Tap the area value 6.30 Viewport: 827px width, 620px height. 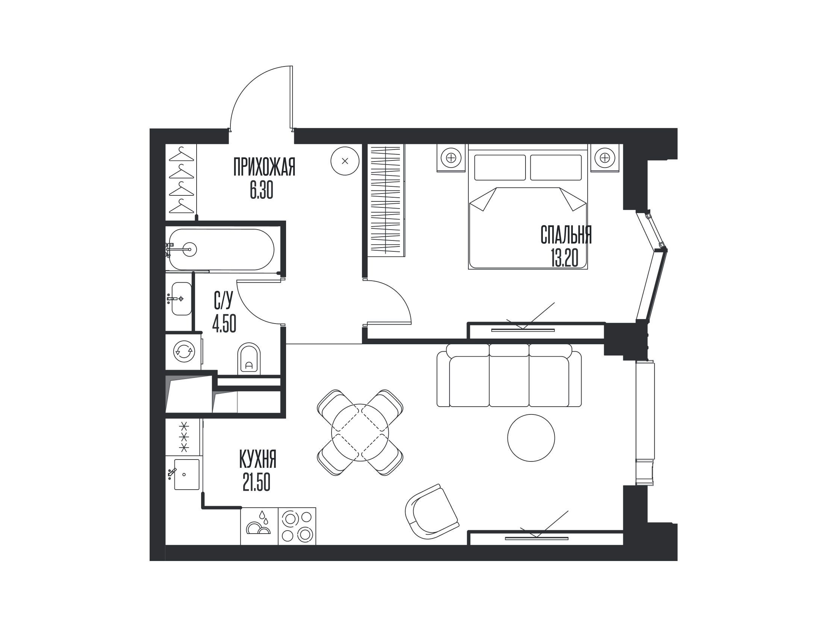[x=261, y=190]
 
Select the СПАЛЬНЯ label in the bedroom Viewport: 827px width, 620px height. [x=566, y=235]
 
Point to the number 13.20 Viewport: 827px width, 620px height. [x=565, y=258]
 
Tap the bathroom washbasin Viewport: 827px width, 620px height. [x=181, y=298]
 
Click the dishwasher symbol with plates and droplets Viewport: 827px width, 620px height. [x=259, y=526]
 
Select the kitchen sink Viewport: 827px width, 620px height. [x=184, y=474]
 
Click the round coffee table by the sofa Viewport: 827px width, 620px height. [x=531, y=437]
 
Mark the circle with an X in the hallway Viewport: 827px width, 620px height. [x=345, y=161]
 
